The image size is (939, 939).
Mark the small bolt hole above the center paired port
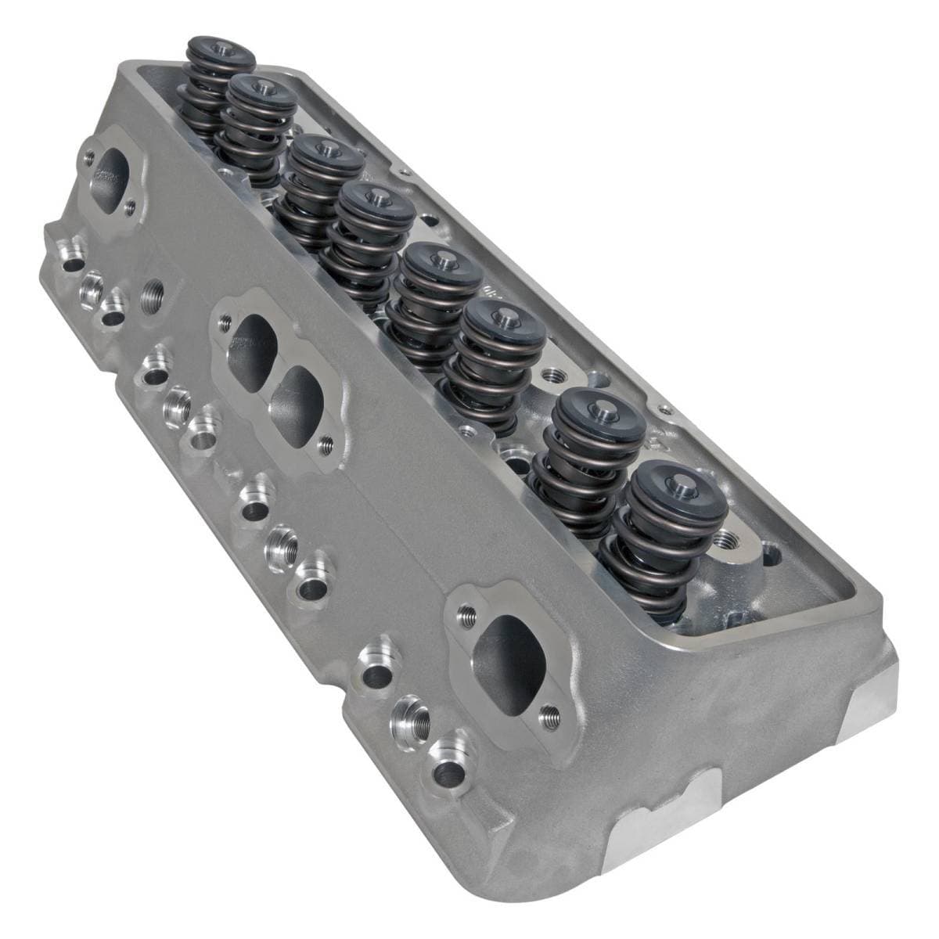point(225,319)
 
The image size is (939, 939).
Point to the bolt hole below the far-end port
point(130,206)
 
